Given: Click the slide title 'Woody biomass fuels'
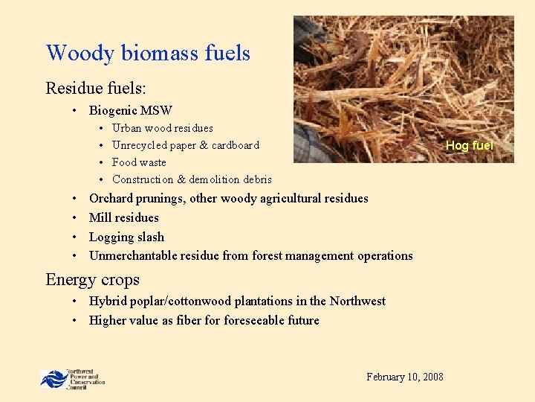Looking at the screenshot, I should (x=148, y=53).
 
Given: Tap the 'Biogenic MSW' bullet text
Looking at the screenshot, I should (x=130, y=110).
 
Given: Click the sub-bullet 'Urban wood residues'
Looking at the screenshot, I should (x=162, y=128).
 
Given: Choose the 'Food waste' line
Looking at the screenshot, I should (x=139, y=162).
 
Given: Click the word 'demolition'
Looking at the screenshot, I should (x=214, y=179).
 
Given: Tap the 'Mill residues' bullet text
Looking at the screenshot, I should (x=123, y=217).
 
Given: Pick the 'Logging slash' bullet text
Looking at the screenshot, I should (x=126, y=237).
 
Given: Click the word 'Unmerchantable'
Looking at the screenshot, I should (x=131, y=255).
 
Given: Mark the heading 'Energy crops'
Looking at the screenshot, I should (x=92, y=280).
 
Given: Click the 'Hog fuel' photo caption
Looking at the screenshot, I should (x=469, y=146).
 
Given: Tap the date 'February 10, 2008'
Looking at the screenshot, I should (x=405, y=377).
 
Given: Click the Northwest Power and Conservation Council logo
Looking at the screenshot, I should (x=72, y=378).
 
